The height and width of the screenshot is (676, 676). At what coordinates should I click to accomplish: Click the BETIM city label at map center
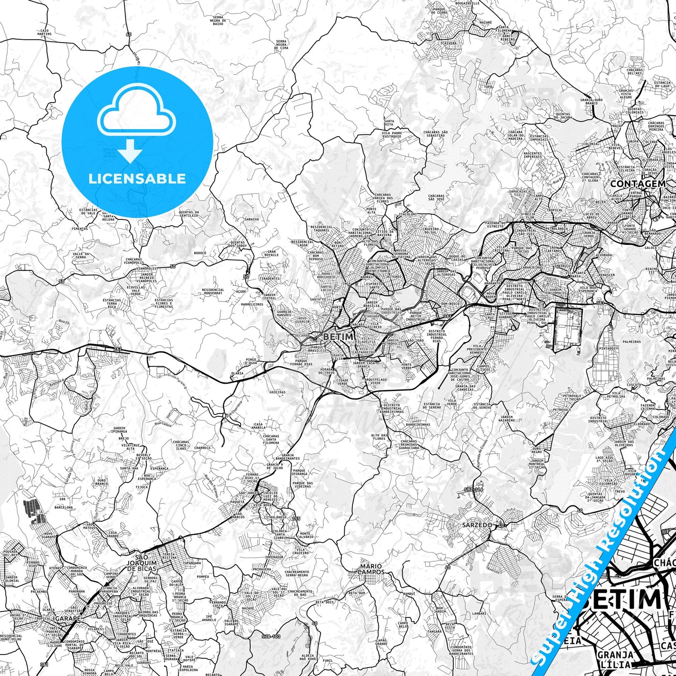pyautogui.click(x=338, y=336)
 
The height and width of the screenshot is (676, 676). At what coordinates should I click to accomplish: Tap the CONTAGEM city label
pyautogui.click(x=637, y=184)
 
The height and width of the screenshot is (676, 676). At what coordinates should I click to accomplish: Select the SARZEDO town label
pyautogui.click(x=477, y=525)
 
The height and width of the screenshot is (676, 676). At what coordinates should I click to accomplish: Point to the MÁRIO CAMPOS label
pyautogui.click(x=371, y=569)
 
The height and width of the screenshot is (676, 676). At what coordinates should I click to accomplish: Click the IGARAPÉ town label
pyautogui.click(x=66, y=618)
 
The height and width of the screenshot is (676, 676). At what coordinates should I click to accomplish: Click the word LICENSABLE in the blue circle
pyautogui.click(x=137, y=178)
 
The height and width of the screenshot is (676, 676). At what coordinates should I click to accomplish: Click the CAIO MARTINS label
pyautogui.click(x=45, y=32)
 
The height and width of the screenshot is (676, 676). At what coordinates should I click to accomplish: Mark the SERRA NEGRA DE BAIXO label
pyautogui.click(x=218, y=20)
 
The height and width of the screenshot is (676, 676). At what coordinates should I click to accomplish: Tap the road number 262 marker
pyautogui.click(x=116, y=349)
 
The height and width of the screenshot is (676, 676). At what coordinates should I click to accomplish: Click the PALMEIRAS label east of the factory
pyautogui.click(x=632, y=342)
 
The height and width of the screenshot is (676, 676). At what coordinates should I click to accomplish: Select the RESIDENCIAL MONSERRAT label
pyautogui.click(x=213, y=291)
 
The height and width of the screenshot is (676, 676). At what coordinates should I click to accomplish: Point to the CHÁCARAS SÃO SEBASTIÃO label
pyautogui.click(x=436, y=134)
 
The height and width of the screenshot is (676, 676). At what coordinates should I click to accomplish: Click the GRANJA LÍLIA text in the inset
pyautogui.click(x=615, y=659)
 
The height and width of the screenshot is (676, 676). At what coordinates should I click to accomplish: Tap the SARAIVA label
pyautogui.click(x=252, y=219)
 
